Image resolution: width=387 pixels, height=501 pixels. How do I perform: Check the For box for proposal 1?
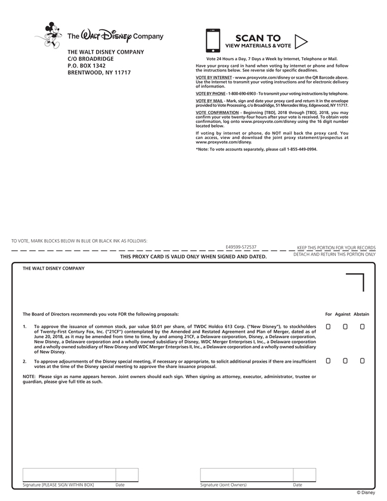point(328,327)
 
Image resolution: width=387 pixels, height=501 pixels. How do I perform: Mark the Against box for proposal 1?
point(345,327)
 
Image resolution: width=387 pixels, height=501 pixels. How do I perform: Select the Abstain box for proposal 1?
point(362,327)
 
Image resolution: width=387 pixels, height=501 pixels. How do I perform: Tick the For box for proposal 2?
point(328,361)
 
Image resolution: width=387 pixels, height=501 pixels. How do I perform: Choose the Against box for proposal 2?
point(345,361)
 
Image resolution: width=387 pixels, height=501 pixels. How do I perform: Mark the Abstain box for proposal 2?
point(362,361)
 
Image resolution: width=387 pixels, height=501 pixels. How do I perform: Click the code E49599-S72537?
point(241,246)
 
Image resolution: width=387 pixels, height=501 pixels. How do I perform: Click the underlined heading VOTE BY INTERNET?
point(214,78)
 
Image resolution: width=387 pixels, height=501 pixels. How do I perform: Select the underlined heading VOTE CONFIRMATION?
point(218,112)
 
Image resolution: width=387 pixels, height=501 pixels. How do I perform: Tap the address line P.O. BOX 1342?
point(86,66)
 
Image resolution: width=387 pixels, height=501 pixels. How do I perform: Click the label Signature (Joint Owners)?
point(223,485)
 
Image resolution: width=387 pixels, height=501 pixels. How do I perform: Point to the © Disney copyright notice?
point(366,493)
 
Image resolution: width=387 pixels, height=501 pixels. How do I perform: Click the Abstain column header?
point(361,314)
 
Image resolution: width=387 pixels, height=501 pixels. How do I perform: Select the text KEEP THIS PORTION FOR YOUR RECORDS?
point(336,247)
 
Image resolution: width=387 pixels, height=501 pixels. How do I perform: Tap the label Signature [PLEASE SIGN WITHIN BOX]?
point(58,485)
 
